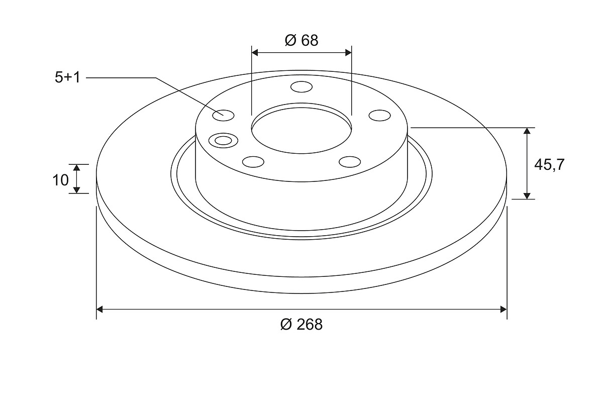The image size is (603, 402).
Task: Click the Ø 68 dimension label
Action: click(301, 40)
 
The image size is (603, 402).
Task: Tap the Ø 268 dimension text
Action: click(301, 325)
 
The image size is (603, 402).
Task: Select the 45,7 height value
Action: click(549, 164)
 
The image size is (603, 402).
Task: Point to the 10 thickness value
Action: click(61, 180)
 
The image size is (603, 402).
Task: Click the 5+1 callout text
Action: click(67, 77)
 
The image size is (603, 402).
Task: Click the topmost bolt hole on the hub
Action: click(301, 87)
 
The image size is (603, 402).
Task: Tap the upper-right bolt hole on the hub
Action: click(379, 116)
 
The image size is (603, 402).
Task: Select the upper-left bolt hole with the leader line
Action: click(223, 116)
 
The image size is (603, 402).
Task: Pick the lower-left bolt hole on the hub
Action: click(253, 162)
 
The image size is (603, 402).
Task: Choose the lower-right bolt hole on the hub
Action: click(350, 162)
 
